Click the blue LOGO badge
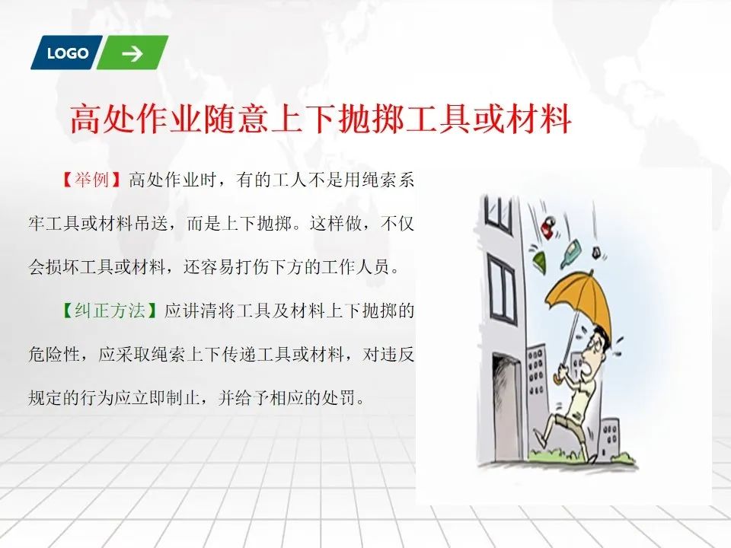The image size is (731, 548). (66, 53)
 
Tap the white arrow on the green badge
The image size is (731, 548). (132, 53)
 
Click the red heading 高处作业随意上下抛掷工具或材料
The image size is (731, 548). (321, 119)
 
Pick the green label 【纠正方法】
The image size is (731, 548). (110, 311)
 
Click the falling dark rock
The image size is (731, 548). (596, 253)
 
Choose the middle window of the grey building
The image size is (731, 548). (502, 290)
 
